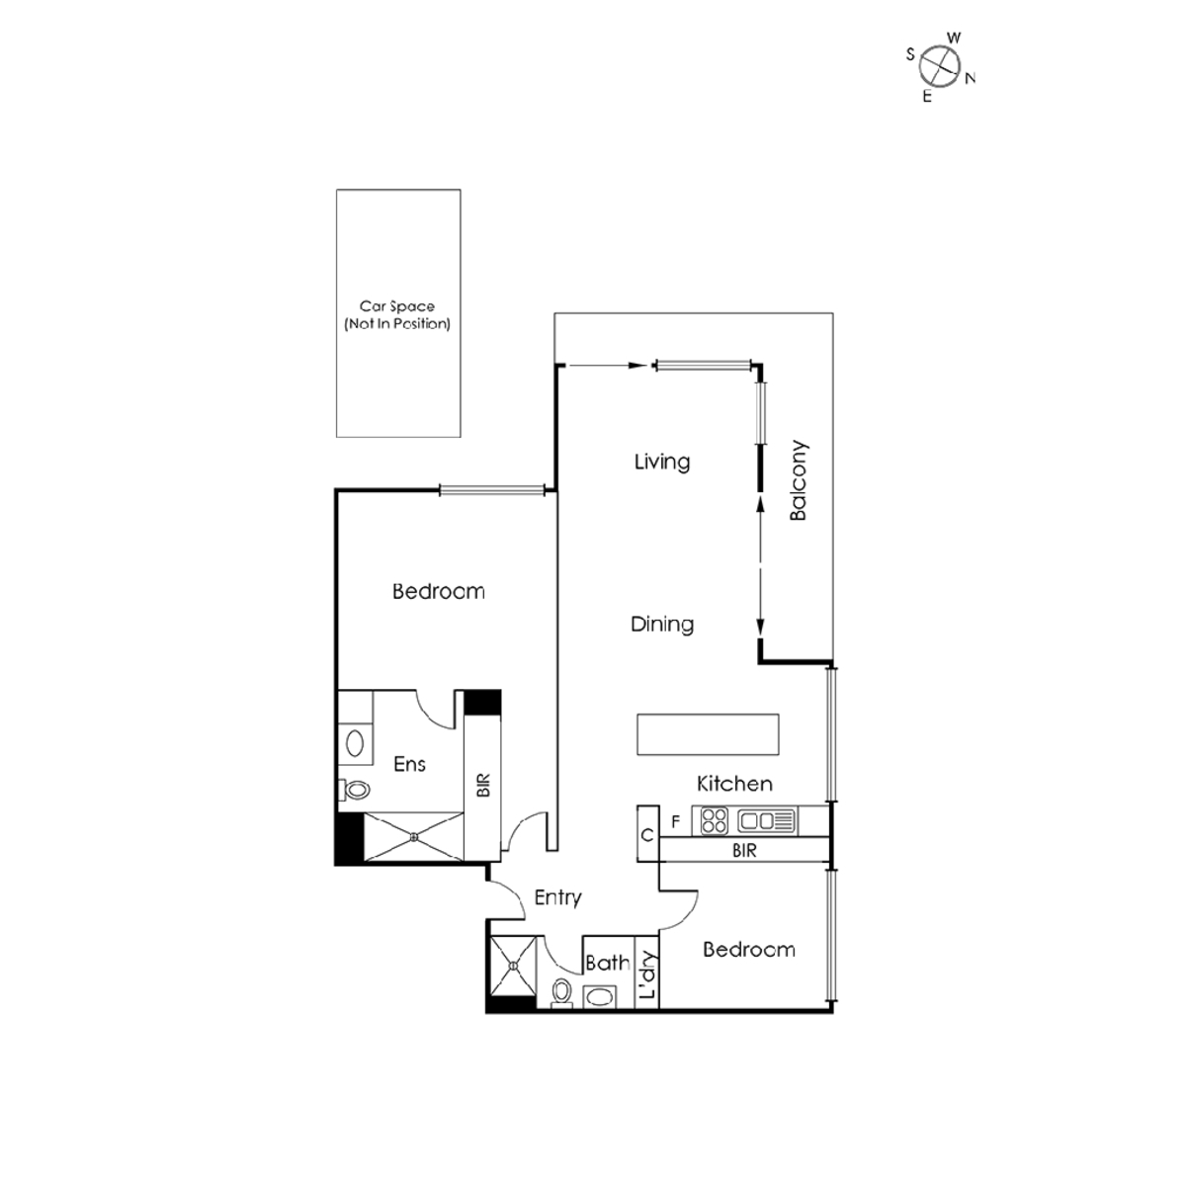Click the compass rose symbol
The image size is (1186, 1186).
point(939,66)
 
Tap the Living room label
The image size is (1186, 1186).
point(661,462)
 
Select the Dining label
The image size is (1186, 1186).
point(661,624)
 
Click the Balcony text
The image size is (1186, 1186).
point(799,480)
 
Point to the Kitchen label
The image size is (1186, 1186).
point(734,784)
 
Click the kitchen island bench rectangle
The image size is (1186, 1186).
point(708,733)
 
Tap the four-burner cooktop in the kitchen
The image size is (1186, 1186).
point(714,821)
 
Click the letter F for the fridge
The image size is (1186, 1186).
point(676,821)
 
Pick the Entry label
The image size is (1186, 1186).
point(557,897)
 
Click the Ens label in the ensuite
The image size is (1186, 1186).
point(409,764)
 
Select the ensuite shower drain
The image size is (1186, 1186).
point(413,836)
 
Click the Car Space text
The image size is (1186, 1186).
point(397,306)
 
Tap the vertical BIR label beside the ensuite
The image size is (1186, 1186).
point(483,786)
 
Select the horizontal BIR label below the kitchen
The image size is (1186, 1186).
point(744,851)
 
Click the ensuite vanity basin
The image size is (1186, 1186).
point(355,743)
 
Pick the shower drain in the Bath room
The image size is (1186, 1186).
point(513,966)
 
